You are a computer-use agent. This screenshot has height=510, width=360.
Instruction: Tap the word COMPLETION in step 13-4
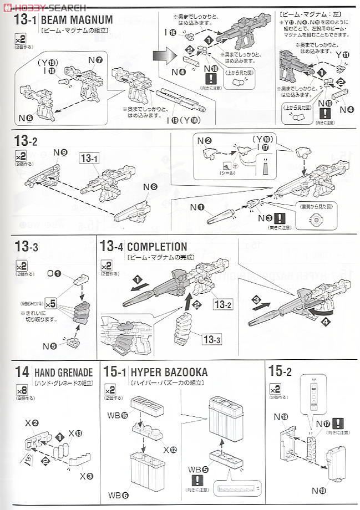[156, 247]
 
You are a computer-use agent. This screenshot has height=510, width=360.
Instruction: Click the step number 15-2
[283, 371]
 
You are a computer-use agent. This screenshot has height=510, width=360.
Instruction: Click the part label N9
[60, 152]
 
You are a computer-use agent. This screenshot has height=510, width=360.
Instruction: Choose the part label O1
[54, 273]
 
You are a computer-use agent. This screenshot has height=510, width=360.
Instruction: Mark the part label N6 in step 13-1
[26, 118]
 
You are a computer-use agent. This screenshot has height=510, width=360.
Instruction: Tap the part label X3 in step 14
[87, 475]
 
